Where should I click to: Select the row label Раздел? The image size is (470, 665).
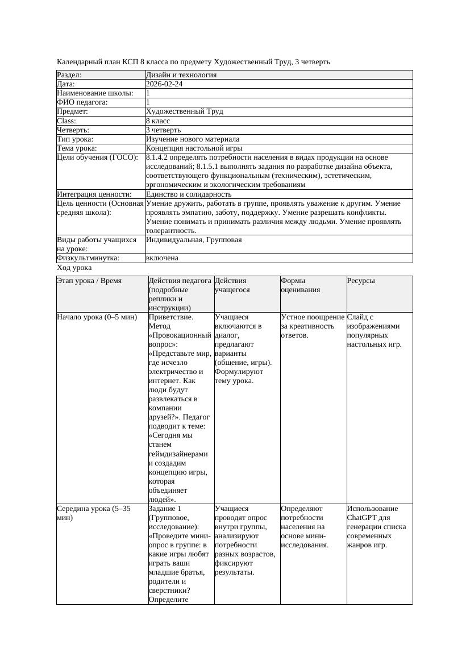(x=69, y=75)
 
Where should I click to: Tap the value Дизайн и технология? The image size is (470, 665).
(x=181, y=75)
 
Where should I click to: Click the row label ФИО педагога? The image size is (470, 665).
(x=82, y=102)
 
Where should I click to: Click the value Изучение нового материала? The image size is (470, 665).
(x=192, y=139)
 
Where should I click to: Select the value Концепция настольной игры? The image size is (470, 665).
(x=194, y=148)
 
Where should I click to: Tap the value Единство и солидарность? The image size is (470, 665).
(x=188, y=194)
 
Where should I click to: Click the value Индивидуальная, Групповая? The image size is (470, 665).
(x=193, y=240)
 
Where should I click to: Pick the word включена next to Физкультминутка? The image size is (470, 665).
(x=162, y=258)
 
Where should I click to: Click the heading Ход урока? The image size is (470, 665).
(x=74, y=268)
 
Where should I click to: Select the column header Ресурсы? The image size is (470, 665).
(x=361, y=281)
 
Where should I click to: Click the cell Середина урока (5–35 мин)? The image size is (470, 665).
(x=94, y=513)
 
